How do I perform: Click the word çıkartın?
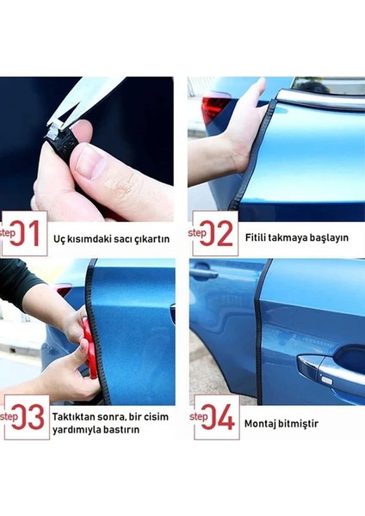[150, 238]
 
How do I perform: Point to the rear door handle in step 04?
[203, 276]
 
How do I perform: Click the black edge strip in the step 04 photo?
[258, 335]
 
